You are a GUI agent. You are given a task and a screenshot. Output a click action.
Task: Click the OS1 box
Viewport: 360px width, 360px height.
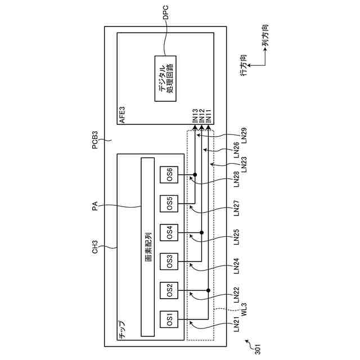[x=169, y=319]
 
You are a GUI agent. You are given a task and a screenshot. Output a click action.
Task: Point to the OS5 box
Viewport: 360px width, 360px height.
[x=169, y=203]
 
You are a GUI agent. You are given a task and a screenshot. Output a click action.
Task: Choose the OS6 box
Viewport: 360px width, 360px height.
[x=169, y=174]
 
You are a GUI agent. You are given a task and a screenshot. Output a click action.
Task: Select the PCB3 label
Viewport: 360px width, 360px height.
[x=95, y=139]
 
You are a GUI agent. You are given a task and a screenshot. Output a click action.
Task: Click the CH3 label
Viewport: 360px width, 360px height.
[x=95, y=247]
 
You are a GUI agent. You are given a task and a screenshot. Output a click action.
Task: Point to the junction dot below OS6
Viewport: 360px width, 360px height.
[x=195, y=174]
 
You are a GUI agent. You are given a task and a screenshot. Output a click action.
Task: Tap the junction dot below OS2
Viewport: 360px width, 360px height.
[x=209, y=291]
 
